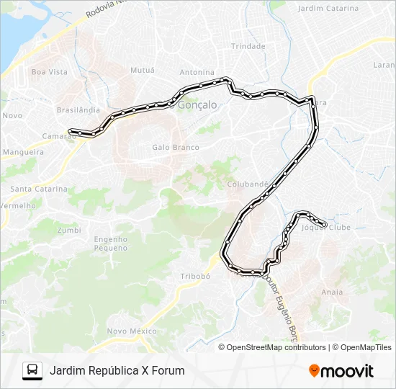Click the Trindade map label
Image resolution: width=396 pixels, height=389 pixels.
248,46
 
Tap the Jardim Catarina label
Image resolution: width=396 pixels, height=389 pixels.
328,9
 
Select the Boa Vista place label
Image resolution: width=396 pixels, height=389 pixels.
49,72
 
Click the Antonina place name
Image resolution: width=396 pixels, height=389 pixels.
197,72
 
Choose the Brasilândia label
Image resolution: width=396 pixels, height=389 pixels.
78,110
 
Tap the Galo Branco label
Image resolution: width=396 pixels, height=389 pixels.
175,148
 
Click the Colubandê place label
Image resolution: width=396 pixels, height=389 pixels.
248,184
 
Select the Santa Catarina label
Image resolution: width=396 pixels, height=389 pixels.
38,189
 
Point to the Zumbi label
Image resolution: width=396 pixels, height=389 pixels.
68,231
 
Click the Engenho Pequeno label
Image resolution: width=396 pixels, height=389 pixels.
110,243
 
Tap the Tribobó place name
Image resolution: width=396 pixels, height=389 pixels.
194,276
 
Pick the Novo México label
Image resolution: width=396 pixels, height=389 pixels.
132,331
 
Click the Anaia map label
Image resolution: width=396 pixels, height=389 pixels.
332,292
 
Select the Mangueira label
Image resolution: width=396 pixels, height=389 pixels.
24,153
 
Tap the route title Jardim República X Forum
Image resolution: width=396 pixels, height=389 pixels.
117,371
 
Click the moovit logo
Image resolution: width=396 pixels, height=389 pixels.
341,371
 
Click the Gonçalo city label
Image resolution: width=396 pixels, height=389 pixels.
197,104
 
